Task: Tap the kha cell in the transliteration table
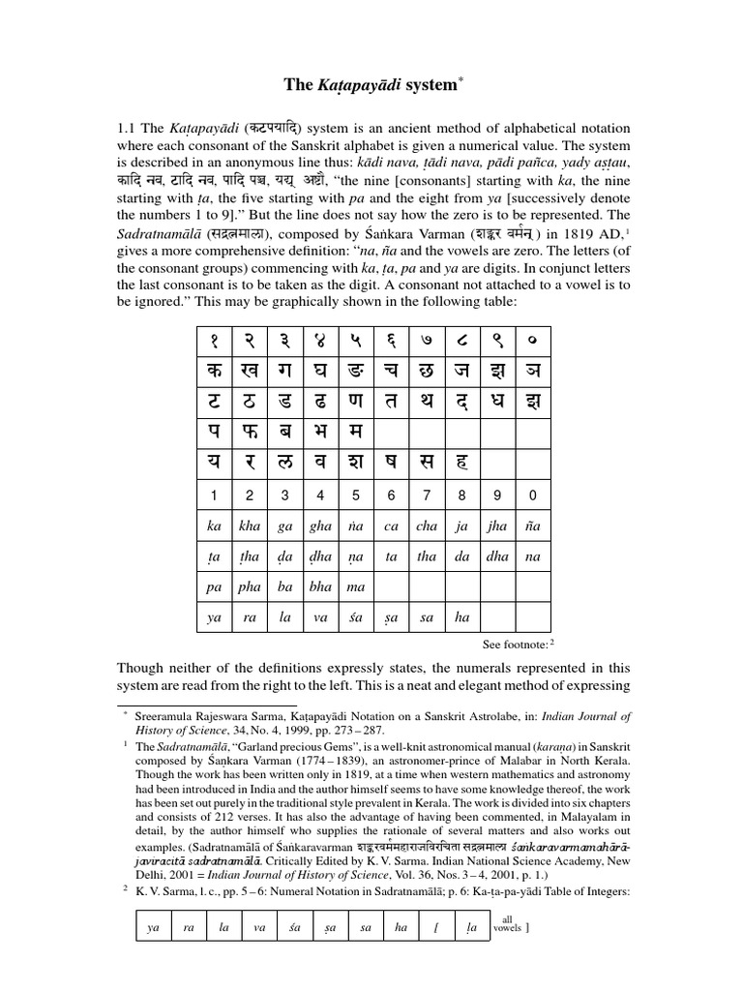click(x=250, y=526)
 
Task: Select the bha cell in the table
click(x=319, y=587)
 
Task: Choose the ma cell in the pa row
click(x=355, y=587)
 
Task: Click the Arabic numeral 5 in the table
click(x=355, y=496)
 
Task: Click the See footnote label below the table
click(x=518, y=643)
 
